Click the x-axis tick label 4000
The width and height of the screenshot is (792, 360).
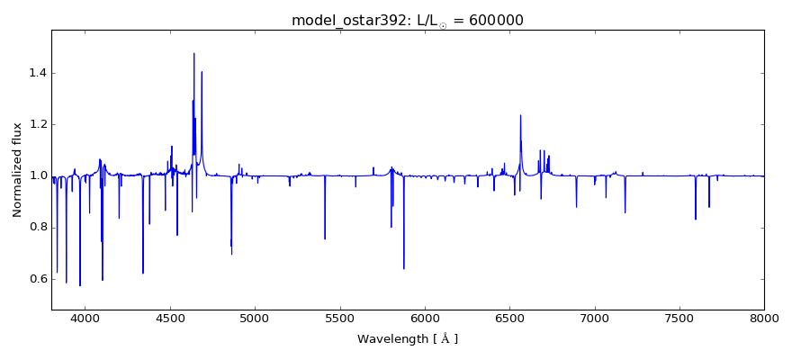pos(85,319)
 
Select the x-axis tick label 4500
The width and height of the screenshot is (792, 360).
pos(170,319)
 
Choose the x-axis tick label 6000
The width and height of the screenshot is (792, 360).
pos(425,319)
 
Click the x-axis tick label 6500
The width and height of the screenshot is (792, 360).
pos(509,319)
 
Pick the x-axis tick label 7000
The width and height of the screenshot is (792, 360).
pos(594,319)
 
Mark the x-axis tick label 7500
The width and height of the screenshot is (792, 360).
pos(679,319)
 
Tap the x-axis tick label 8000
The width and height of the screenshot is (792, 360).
pos(764,319)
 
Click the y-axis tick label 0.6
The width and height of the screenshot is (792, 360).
pos(36,279)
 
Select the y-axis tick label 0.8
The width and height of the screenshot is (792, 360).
pos(36,228)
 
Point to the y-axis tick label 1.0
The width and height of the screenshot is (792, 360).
pos(36,175)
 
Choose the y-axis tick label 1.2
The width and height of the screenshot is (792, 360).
pos(36,124)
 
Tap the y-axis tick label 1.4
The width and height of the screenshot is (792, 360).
pos(36,73)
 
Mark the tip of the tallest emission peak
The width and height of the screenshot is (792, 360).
pos(193,53)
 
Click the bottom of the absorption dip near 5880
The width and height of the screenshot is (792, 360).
pos(404,268)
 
